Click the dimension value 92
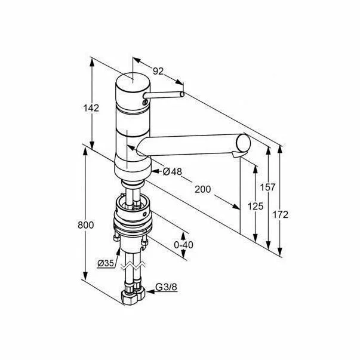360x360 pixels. (x=158, y=71)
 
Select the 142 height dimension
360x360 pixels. (x=91, y=108)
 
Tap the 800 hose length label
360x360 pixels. (x=85, y=225)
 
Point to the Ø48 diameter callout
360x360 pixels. (x=172, y=171)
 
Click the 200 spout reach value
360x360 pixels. (x=203, y=189)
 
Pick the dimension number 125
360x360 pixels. (x=256, y=206)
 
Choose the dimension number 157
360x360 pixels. (x=267, y=187)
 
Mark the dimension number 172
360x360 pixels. (x=281, y=215)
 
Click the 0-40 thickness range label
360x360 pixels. (x=183, y=245)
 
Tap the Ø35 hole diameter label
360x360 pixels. (x=106, y=263)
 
